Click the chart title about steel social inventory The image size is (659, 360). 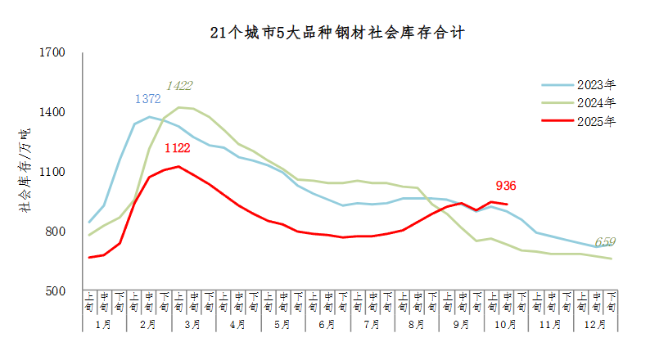point(336,34)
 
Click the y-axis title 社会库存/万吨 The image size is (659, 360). point(25,172)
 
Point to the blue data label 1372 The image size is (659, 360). point(147,99)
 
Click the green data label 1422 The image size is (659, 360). point(179,85)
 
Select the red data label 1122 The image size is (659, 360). point(177,148)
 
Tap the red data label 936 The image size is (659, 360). point(505,186)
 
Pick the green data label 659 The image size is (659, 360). point(605,241)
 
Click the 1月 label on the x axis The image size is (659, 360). point(105,324)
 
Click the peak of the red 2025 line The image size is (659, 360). point(179,166)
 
